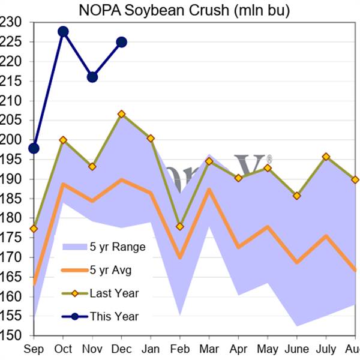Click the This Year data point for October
point(63,31)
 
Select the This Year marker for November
point(92,77)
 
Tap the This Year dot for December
point(121,42)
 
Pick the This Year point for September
point(34,148)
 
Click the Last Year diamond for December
point(121,114)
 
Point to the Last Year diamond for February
point(179,226)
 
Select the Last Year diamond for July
point(326,157)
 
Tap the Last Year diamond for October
point(63,140)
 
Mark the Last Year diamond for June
point(296,196)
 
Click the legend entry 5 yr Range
point(117,247)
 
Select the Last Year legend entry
point(114,293)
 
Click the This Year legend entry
point(114,316)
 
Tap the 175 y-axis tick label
point(11,238)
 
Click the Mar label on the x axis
point(208,348)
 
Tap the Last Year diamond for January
point(151,139)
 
